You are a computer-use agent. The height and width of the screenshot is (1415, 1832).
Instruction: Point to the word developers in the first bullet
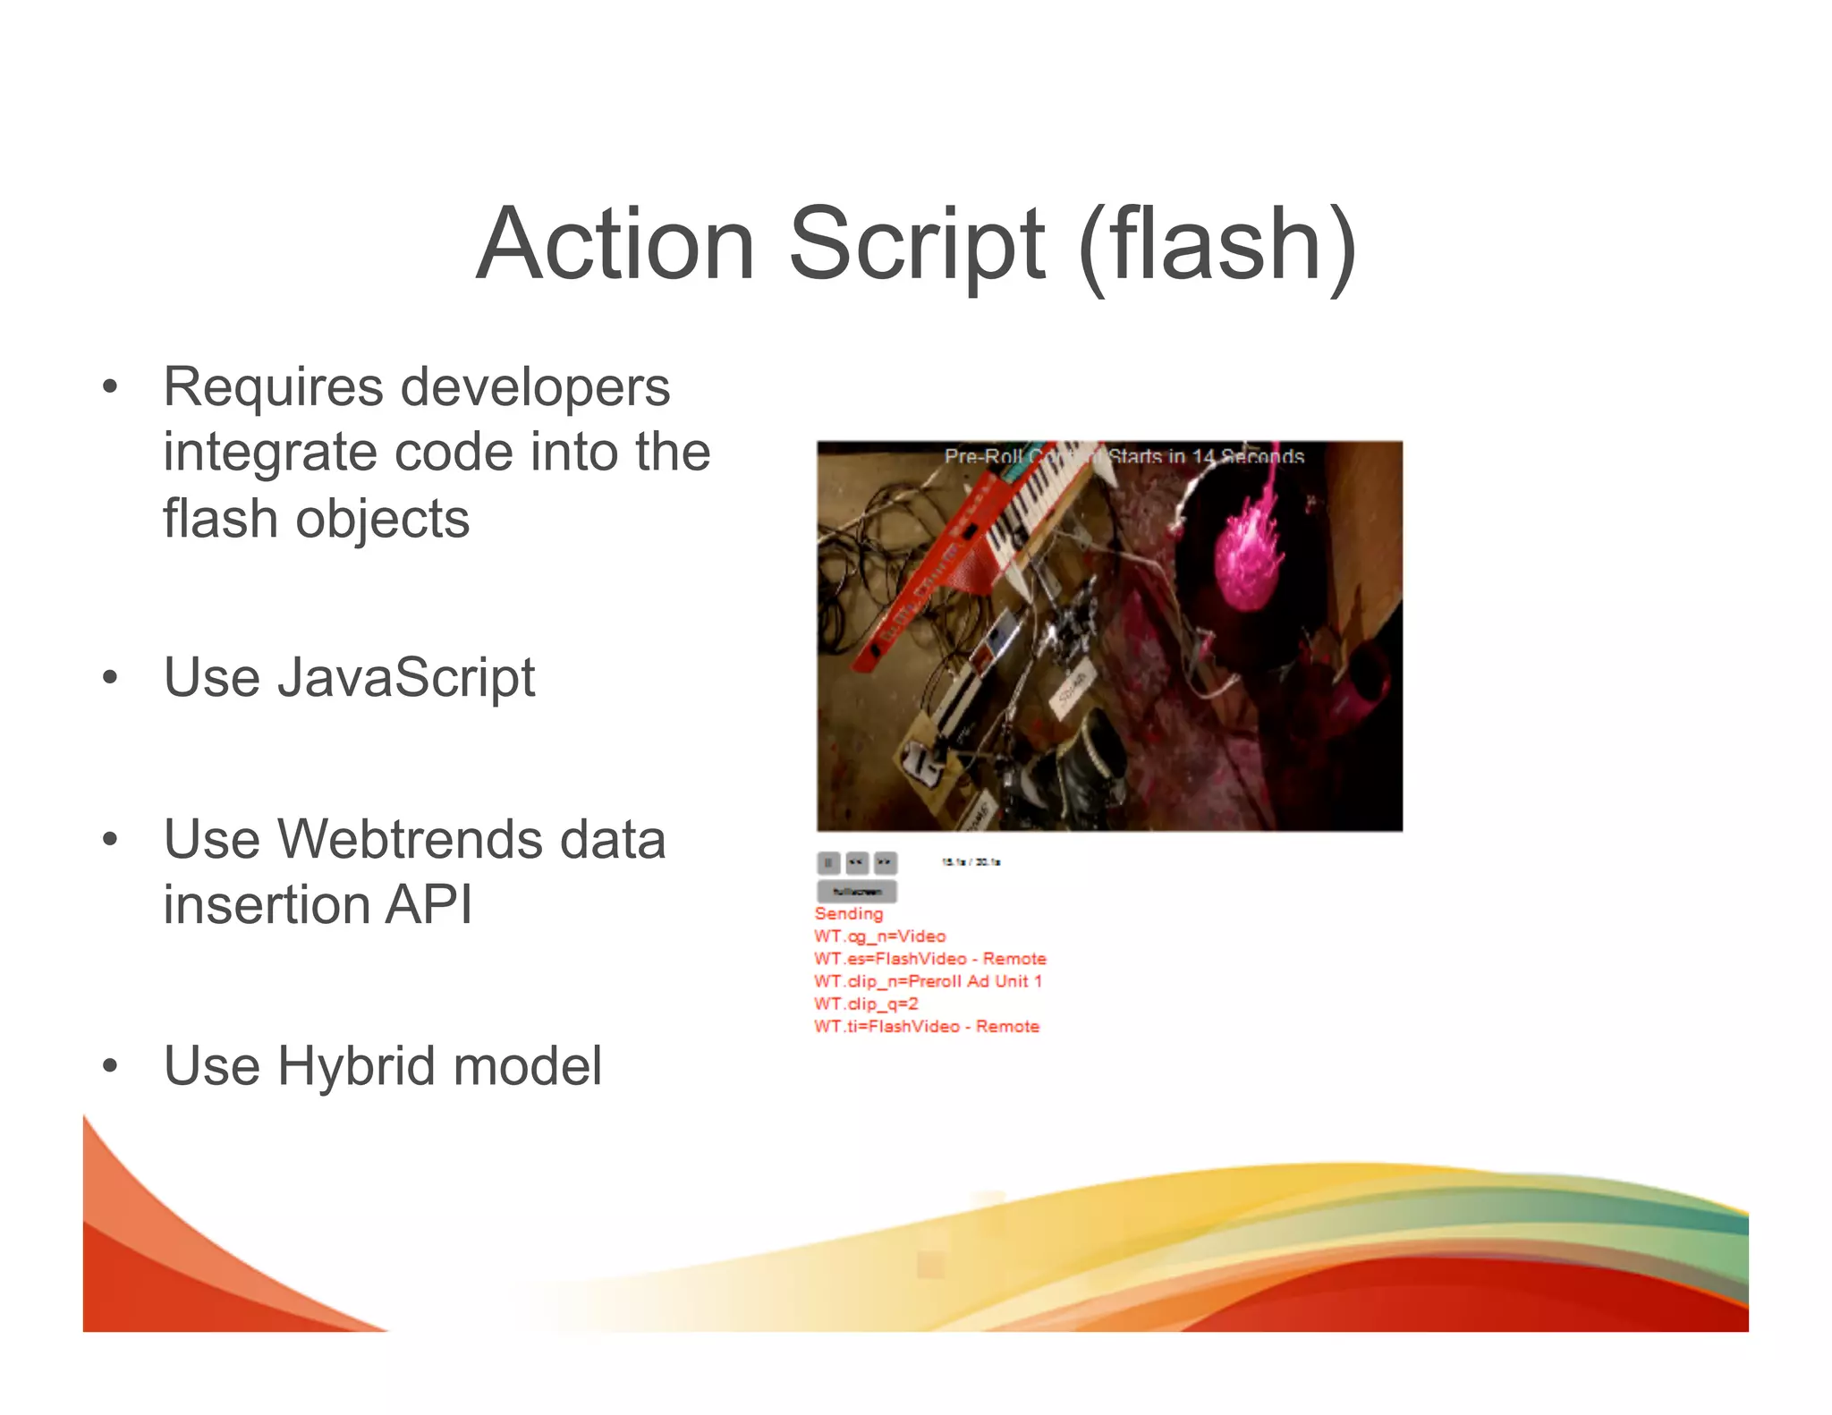535,387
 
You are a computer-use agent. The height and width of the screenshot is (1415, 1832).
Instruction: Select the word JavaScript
406,677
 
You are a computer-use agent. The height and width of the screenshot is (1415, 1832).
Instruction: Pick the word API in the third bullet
428,904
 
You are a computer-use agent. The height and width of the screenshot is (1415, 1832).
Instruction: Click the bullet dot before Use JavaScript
110,677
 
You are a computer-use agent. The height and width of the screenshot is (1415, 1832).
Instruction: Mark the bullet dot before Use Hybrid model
110,1066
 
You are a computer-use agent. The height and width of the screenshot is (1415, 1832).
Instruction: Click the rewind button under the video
856,862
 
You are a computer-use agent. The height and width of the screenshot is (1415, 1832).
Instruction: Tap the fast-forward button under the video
885,862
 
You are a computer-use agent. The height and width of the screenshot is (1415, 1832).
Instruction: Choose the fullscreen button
856,891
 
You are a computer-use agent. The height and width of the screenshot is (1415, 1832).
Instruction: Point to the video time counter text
971,862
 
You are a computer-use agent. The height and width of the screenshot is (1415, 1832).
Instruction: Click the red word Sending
848,913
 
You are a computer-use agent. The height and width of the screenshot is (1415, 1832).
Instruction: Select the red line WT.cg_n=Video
879,936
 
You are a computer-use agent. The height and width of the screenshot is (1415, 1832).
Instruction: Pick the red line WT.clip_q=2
866,1004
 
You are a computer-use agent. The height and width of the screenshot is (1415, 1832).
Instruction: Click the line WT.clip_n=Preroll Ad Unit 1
928,981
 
